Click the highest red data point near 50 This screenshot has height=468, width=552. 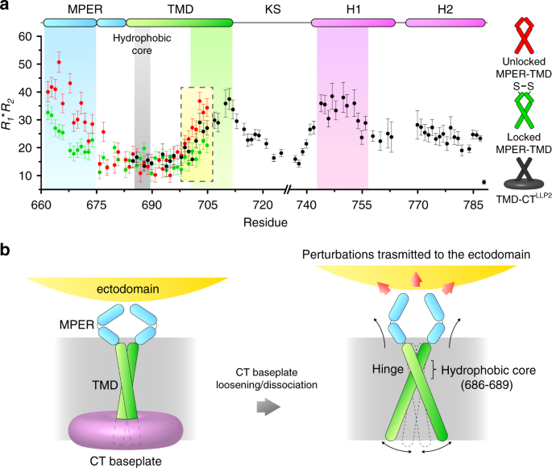pyautogui.click(x=59, y=63)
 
